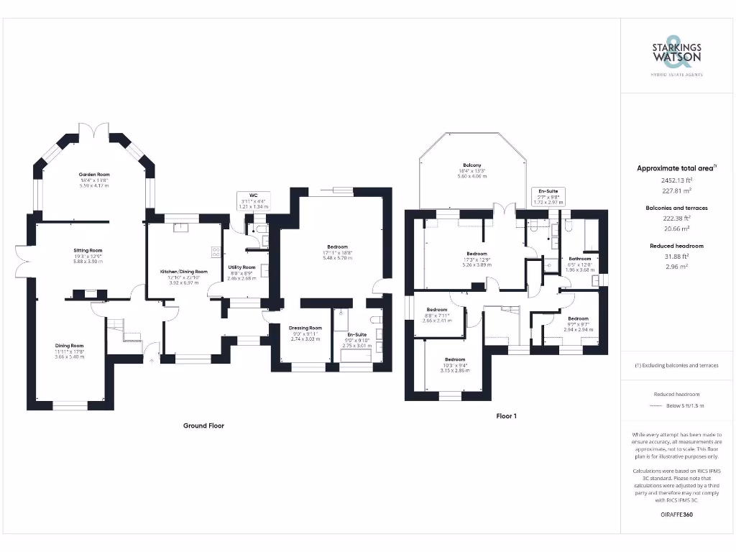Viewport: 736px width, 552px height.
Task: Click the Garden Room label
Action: click(x=94, y=175)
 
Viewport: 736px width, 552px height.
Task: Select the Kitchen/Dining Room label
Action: click(x=183, y=272)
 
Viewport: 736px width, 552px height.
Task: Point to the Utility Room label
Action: click(x=242, y=267)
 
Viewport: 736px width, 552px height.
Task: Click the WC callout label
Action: click(x=253, y=195)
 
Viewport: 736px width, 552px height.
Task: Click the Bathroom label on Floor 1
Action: click(x=580, y=259)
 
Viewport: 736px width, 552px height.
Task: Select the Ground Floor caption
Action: click(x=203, y=425)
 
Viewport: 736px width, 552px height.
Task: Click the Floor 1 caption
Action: click(x=506, y=415)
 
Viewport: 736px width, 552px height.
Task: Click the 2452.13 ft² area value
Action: click(x=676, y=181)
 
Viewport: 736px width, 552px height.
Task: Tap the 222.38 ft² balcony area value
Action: click(x=676, y=218)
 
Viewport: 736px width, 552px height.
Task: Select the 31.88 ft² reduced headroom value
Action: click(x=676, y=256)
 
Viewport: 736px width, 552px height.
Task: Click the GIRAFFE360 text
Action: click(x=676, y=515)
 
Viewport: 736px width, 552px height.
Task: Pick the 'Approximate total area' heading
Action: click(x=675, y=168)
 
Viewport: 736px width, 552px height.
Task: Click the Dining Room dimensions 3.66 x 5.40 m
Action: click(x=70, y=356)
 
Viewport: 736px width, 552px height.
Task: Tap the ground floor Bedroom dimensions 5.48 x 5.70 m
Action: click(x=336, y=257)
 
